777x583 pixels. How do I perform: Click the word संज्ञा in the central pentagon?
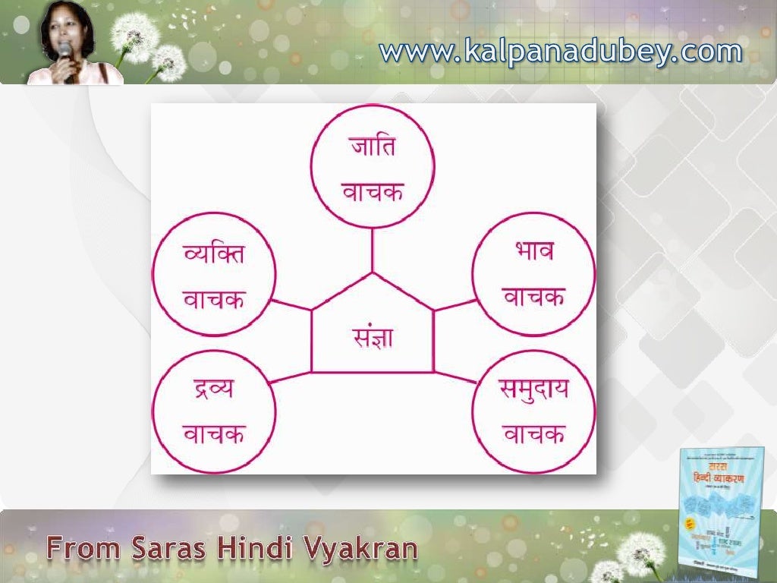pyautogui.click(x=372, y=337)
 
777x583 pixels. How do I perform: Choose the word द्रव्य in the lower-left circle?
pyautogui.click(x=214, y=391)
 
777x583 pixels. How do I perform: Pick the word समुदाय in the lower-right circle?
pyautogui.click(x=534, y=391)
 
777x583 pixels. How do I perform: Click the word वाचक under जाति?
pyautogui.click(x=372, y=191)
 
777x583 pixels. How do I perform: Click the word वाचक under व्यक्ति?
pyautogui.click(x=215, y=299)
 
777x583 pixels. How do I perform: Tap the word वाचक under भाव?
pyautogui.click(x=533, y=298)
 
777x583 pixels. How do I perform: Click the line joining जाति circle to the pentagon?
pyautogui.click(x=372, y=250)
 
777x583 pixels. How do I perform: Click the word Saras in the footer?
pyautogui.click(x=175, y=547)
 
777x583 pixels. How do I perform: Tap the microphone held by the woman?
pyautogui.click(x=65, y=52)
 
